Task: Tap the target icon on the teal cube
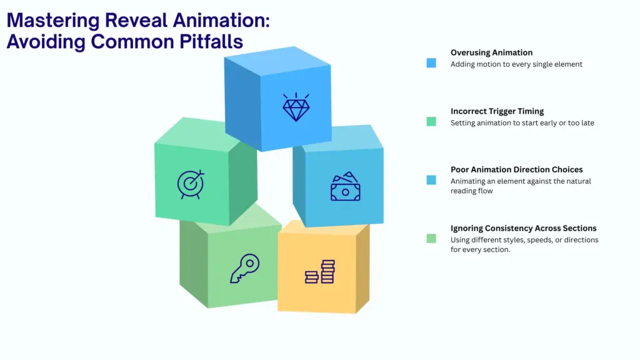pos(190,184)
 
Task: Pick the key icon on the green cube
pos(244,268)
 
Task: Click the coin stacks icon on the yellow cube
pos(320,272)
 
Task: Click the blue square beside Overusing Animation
pos(431,63)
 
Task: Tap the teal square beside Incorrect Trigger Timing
pos(431,122)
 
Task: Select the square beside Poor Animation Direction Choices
pos(431,180)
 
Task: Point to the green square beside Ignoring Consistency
pos(431,238)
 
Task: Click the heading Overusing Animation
pos(491,52)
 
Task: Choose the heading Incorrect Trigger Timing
pos(497,111)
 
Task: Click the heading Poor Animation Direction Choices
pos(516,169)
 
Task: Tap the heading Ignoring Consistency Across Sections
pos(523,228)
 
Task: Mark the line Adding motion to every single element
pos(516,64)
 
